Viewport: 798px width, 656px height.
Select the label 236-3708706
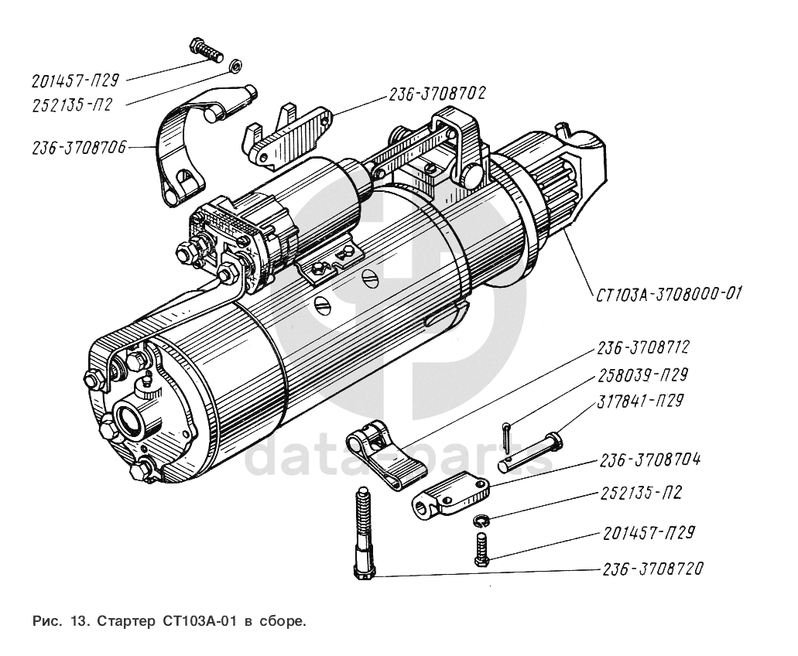point(80,148)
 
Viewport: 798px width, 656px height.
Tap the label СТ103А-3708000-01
point(670,293)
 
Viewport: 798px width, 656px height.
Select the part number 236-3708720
point(651,569)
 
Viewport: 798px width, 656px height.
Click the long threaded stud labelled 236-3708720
point(365,534)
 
